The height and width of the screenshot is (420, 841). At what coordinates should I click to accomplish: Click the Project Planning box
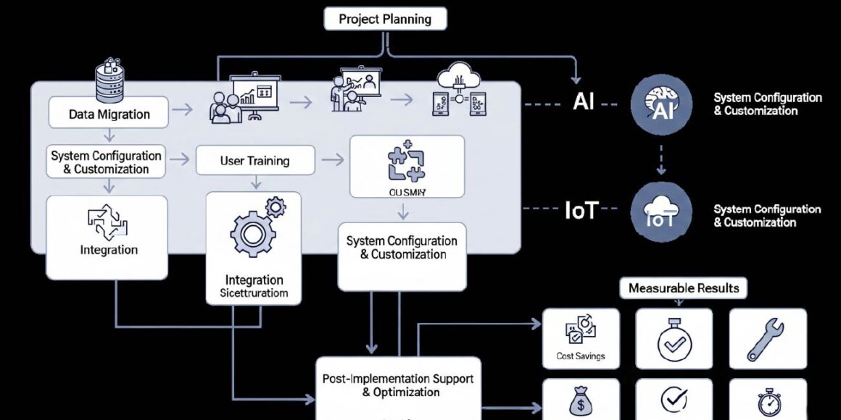(384, 19)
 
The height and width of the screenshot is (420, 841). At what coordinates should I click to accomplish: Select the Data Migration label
(109, 114)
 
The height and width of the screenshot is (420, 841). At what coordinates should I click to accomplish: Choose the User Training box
(254, 160)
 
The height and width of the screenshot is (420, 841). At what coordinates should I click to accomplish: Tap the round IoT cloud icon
(660, 211)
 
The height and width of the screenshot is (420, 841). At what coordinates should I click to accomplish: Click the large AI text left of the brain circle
(583, 102)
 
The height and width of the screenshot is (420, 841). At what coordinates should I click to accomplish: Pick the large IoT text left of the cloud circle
(581, 211)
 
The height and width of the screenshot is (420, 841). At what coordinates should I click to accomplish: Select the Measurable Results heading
(684, 287)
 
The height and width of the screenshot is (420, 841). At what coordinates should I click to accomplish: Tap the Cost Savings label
(581, 356)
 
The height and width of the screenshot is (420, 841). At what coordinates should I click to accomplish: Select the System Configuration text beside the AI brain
(767, 104)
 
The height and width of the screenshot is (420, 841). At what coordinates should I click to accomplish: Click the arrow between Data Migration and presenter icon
(183, 109)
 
